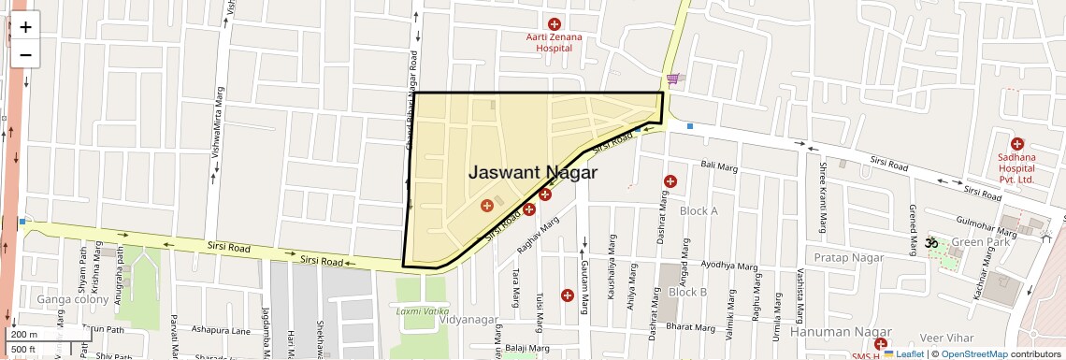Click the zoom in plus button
(25, 27)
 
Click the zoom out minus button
(25, 54)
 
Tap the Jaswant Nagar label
(532, 173)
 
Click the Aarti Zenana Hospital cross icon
(554, 23)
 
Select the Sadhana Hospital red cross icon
(1016, 143)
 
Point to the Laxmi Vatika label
(423, 310)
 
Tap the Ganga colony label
(68, 299)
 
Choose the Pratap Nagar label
(848, 257)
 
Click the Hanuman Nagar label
(834, 332)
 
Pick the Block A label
(699, 211)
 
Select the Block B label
(687, 292)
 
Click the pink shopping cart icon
(672, 79)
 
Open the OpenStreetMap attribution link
(973, 354)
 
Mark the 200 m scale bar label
(24, 335)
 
